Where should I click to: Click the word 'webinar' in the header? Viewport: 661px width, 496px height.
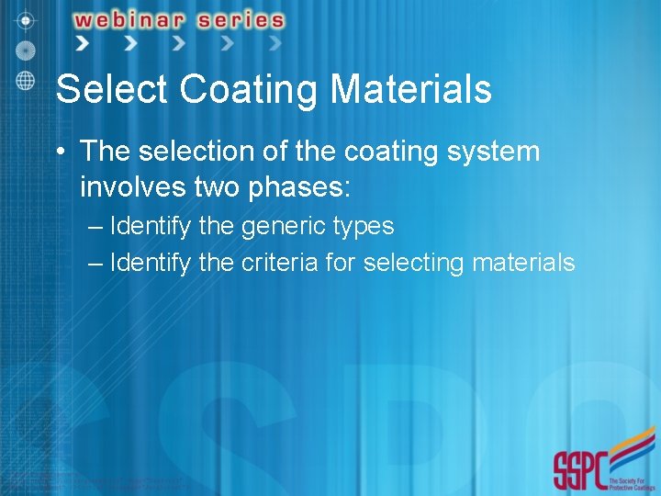coord(128,19)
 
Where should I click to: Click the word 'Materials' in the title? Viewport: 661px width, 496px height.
coord(410,90)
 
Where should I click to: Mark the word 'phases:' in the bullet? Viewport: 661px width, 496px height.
coord(303,187)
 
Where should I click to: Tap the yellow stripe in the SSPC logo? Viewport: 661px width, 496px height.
coord(633,451)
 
